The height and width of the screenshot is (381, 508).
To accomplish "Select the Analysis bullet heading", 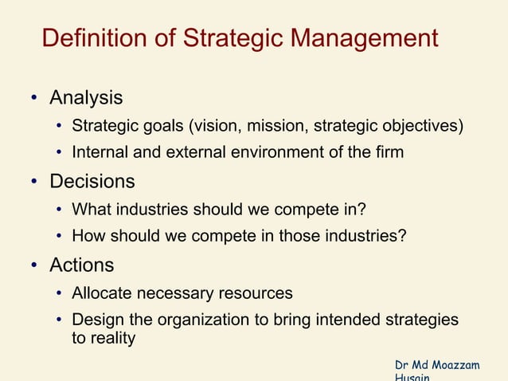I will (x=86, y=99).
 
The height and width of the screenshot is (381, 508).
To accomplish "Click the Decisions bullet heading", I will (x=92, y=182).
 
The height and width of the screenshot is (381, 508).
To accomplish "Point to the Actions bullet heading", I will (x=82, y=265).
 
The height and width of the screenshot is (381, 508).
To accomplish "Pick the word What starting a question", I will (x=88, y=210).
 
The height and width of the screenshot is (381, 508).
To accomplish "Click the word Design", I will (x=95, y=320).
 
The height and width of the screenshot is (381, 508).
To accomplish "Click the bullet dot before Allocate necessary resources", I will (x=60, y=294).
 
